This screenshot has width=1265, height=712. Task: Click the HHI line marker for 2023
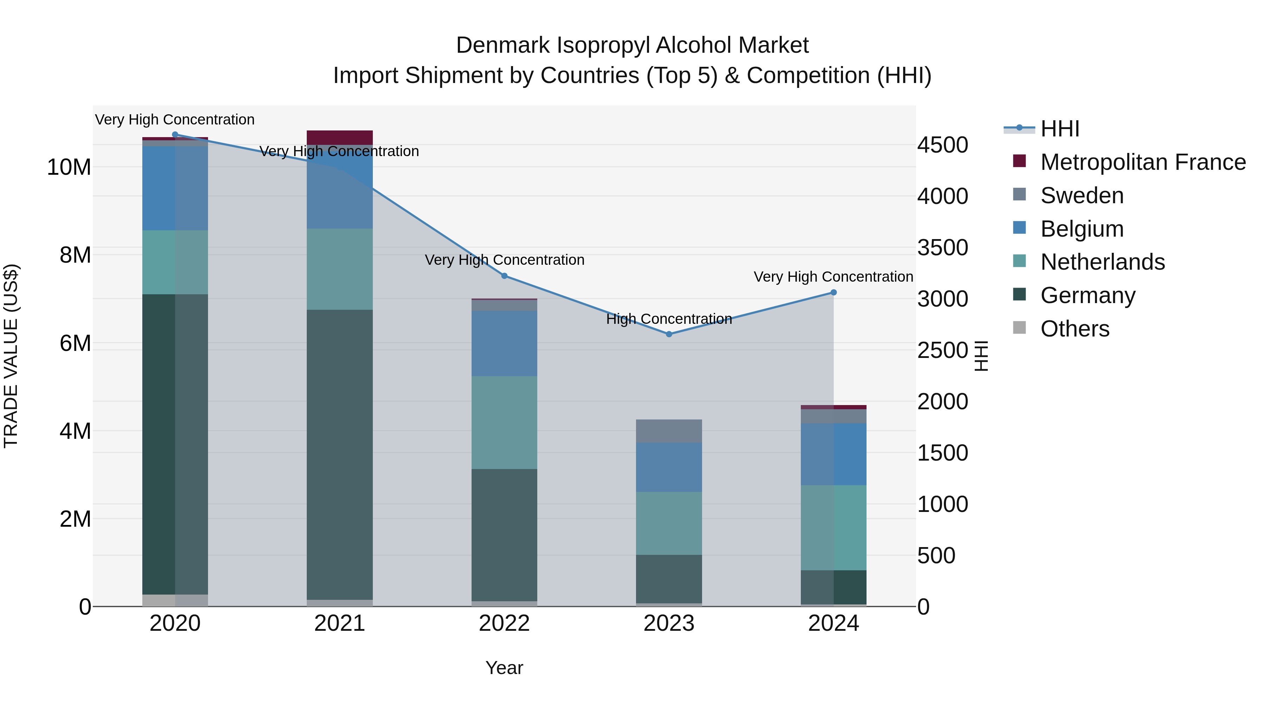click(x=668, y=334)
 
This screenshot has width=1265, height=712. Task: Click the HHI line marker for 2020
click(x=175, y=135)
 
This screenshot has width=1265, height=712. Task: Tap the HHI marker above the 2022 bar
click(x=504, y=276)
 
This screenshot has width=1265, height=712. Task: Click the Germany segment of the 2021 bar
click(x=339, y=455)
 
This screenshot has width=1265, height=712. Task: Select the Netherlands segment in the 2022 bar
click(x=504, y=423)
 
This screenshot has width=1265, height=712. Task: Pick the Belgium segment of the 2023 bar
click(x=668, y=467)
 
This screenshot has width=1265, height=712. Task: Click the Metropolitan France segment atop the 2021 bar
click(x=339, y=137)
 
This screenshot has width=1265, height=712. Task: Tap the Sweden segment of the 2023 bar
click(x=668, y=431)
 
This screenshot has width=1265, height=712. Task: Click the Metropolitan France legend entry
click(x=1142, y=162)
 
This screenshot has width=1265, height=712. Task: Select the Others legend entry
click(x=1075, y=329)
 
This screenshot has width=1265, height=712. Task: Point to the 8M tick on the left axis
click(x=74, y=255)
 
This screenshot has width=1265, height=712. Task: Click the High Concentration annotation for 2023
click(x=668, y=319)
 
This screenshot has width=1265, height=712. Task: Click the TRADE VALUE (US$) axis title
click(x=11, y=356)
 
